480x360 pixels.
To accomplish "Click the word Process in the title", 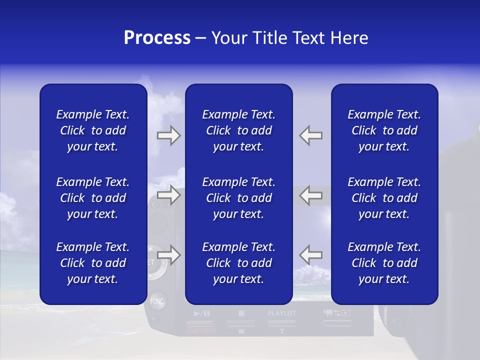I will pyautogui.click(x=157, y=38).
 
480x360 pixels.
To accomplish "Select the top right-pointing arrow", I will pyautogui.click(x=169, y=135).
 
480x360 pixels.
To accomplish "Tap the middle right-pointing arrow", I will pyautogui.click(x=169, y=195).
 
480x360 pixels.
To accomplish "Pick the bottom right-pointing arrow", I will pyautogui.click(x=169, y=255).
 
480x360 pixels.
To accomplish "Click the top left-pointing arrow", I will pyautogui.click(x=311, y=135).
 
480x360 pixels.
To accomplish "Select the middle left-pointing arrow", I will pyautogui.click(x=311, y=195).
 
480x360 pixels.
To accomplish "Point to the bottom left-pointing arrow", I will pyautogui.click(x=311, y=255).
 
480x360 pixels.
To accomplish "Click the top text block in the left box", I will pyautogui.click(x=93, y=130).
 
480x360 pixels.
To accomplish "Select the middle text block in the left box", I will pyautogui.click(x=93, y=198).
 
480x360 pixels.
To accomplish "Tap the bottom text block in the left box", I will pyautogui.click(x=93, y=263).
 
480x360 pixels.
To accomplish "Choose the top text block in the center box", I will pyautogui.click(x=239, y=130).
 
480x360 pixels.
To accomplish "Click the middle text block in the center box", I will pyautogui.click(x=239, y=198).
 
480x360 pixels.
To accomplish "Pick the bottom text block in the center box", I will pyautogui.click(x=239, y=263).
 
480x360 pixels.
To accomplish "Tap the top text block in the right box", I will pyautogui.click(x=384, y=130).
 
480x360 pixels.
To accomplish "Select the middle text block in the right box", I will pyautogui.click(x=384, y=198).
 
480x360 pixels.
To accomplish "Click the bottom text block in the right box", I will pyautogui.click(x=384, y=263).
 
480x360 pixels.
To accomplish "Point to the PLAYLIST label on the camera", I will pyautogui.click(x=282, y=313).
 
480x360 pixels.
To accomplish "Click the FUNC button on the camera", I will pyautogui.click(x=157, y=301).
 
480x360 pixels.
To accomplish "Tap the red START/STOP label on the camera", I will pyautogui.click(x=201, y=331).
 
